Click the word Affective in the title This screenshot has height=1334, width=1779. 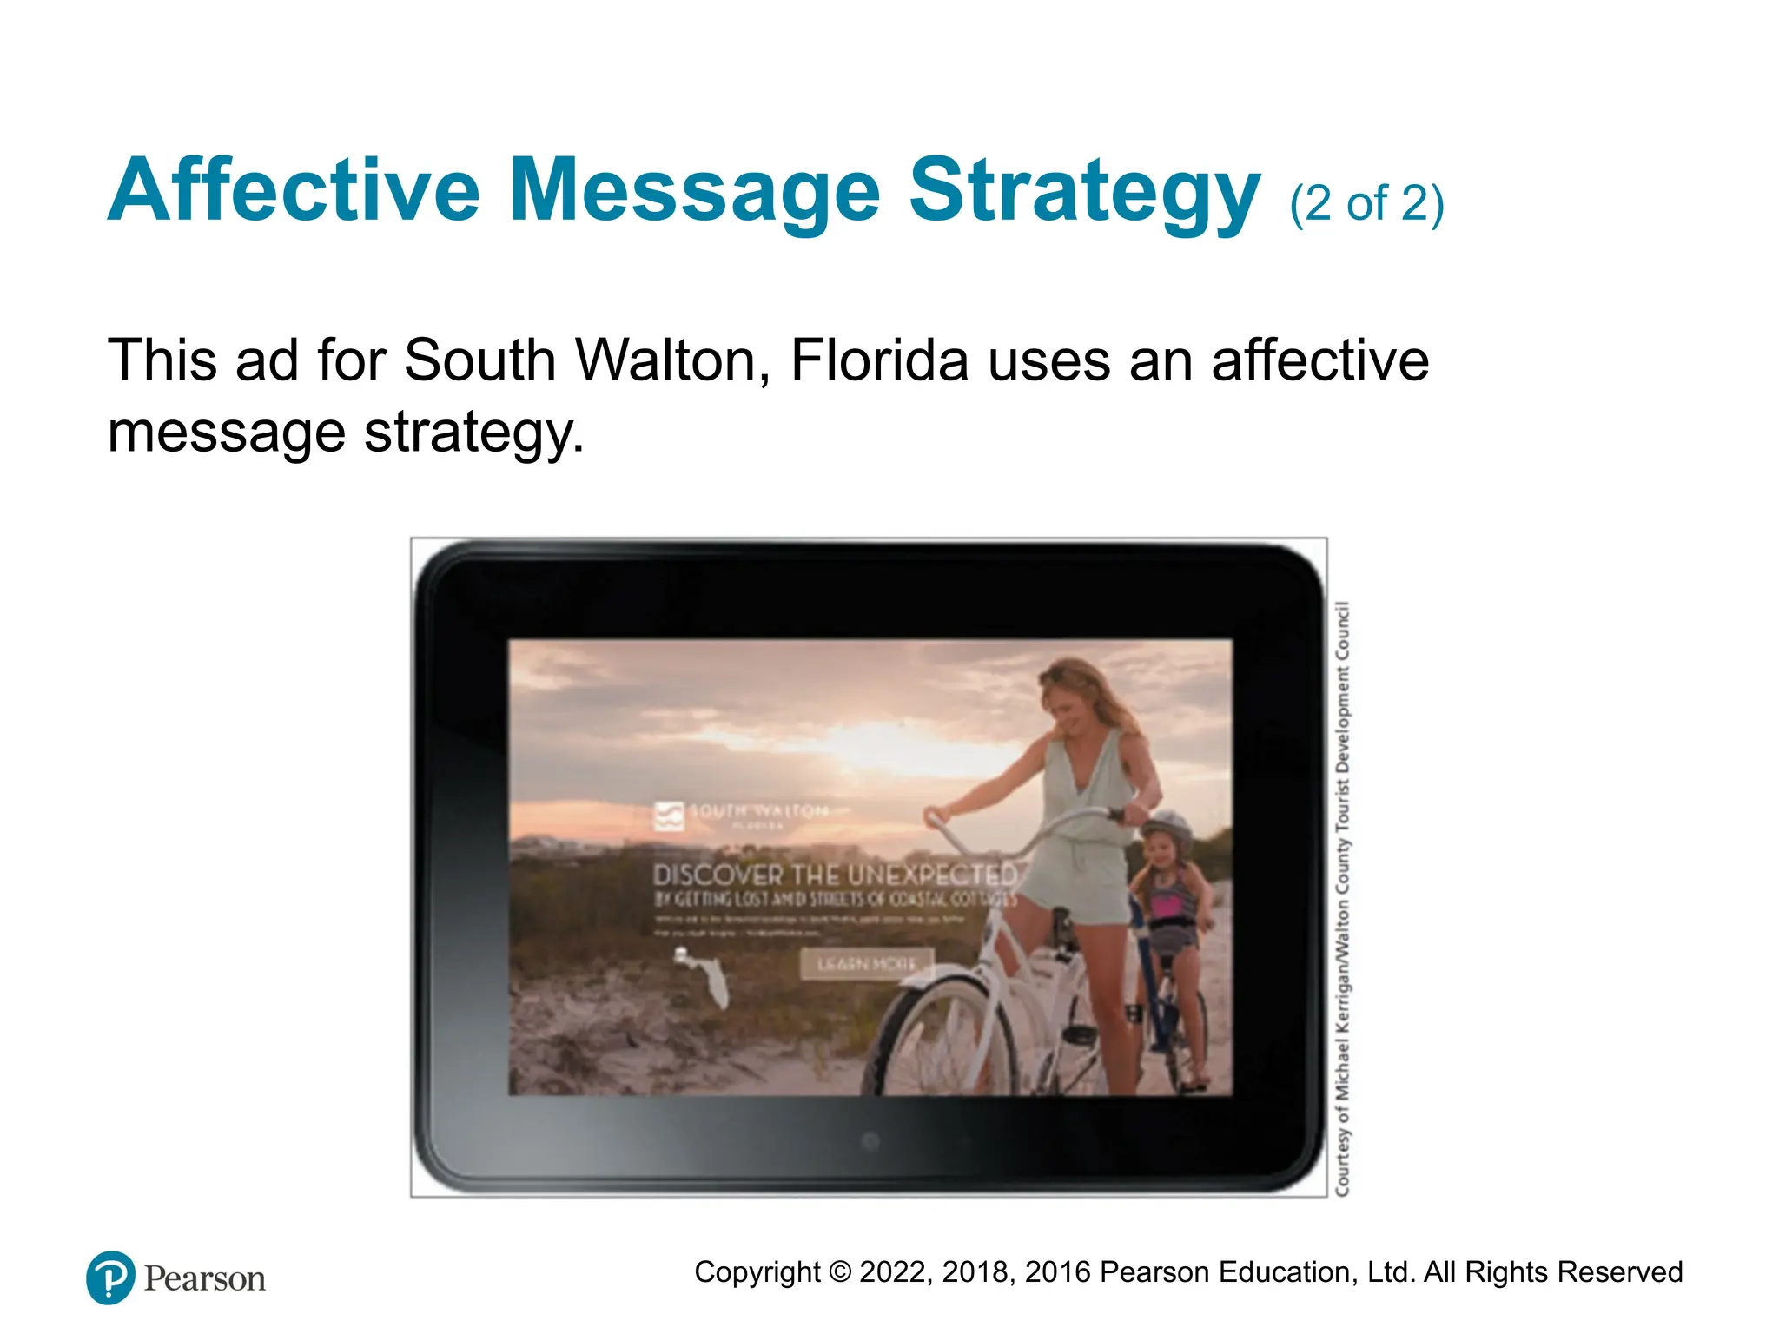[294, 190]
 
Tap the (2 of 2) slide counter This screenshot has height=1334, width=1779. [1366, 203]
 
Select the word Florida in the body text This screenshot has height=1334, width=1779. [879, 360]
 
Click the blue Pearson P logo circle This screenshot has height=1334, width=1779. [110, 1278]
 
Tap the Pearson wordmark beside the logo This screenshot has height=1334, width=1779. [205, 1278]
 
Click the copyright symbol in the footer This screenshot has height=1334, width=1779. [839, 1272]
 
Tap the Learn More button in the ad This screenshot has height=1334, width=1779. [866, 964]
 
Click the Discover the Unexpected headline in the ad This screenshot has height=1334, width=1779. [834, 874]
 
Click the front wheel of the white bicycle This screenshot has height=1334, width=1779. [942, 1038]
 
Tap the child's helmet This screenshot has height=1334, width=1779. [1167, 826]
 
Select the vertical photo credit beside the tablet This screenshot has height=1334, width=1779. [1342, 899]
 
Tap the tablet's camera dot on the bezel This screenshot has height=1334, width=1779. [870, 1140]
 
